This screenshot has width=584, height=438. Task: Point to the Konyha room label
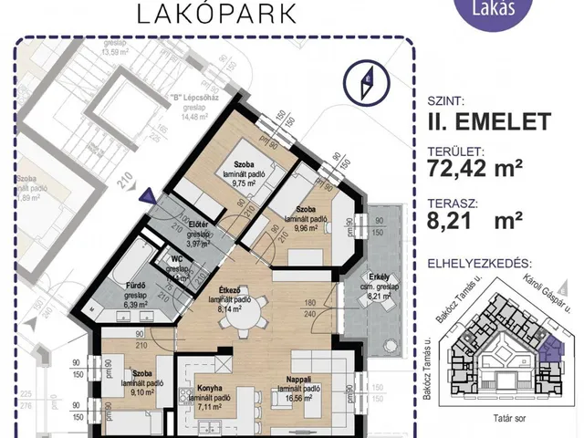pos(211,387)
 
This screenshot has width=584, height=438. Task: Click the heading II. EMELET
pos(487,120)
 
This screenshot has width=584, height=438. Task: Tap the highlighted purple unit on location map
pos(550,349)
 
